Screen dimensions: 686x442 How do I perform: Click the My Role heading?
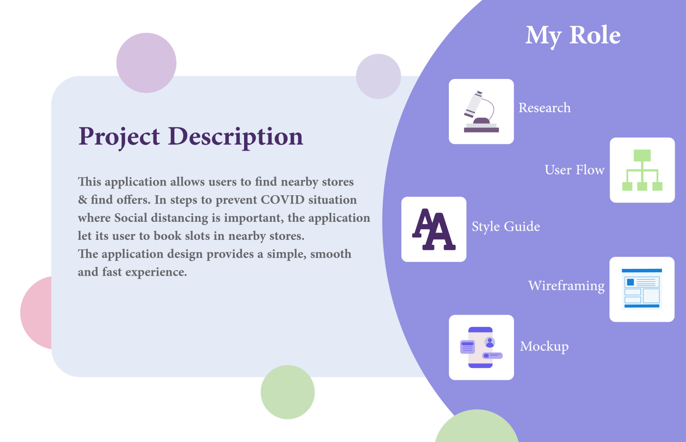573,36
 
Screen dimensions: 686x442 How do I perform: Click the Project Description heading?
191,137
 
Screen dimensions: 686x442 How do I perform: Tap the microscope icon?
481,111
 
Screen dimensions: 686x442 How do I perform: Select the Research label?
544,108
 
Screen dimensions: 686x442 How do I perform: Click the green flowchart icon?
642,170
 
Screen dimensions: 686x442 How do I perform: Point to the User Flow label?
574,170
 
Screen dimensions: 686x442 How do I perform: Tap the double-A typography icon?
434,229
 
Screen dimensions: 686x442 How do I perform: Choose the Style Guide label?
506,227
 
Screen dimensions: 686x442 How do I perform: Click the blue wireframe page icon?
642,289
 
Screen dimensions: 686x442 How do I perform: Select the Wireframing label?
566,286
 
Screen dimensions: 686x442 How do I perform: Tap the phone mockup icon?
481,347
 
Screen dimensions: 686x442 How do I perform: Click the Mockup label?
544,347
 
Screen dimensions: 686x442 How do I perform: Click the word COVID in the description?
283,200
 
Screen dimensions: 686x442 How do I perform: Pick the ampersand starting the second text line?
82,200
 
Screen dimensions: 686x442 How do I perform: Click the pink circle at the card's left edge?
37,312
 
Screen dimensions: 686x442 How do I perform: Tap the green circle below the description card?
288,392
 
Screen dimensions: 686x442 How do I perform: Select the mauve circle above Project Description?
147,63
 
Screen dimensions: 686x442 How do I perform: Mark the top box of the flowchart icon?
642,155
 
